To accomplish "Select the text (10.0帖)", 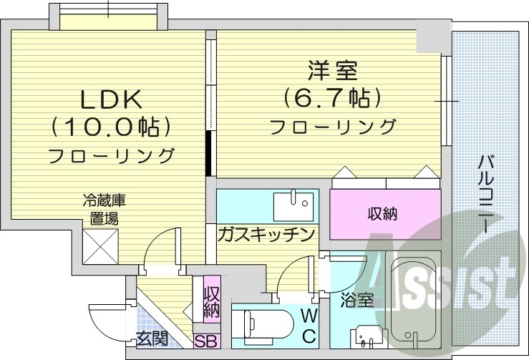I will (x=110, y=127).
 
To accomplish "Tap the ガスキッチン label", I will (x=266, y=234).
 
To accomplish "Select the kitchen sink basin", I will (x=293, y=205).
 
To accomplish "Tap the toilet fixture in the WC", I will (x=263, y=325).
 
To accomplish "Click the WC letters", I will (x=308, y=325).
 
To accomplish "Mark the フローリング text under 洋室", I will (x=332, y=127).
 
